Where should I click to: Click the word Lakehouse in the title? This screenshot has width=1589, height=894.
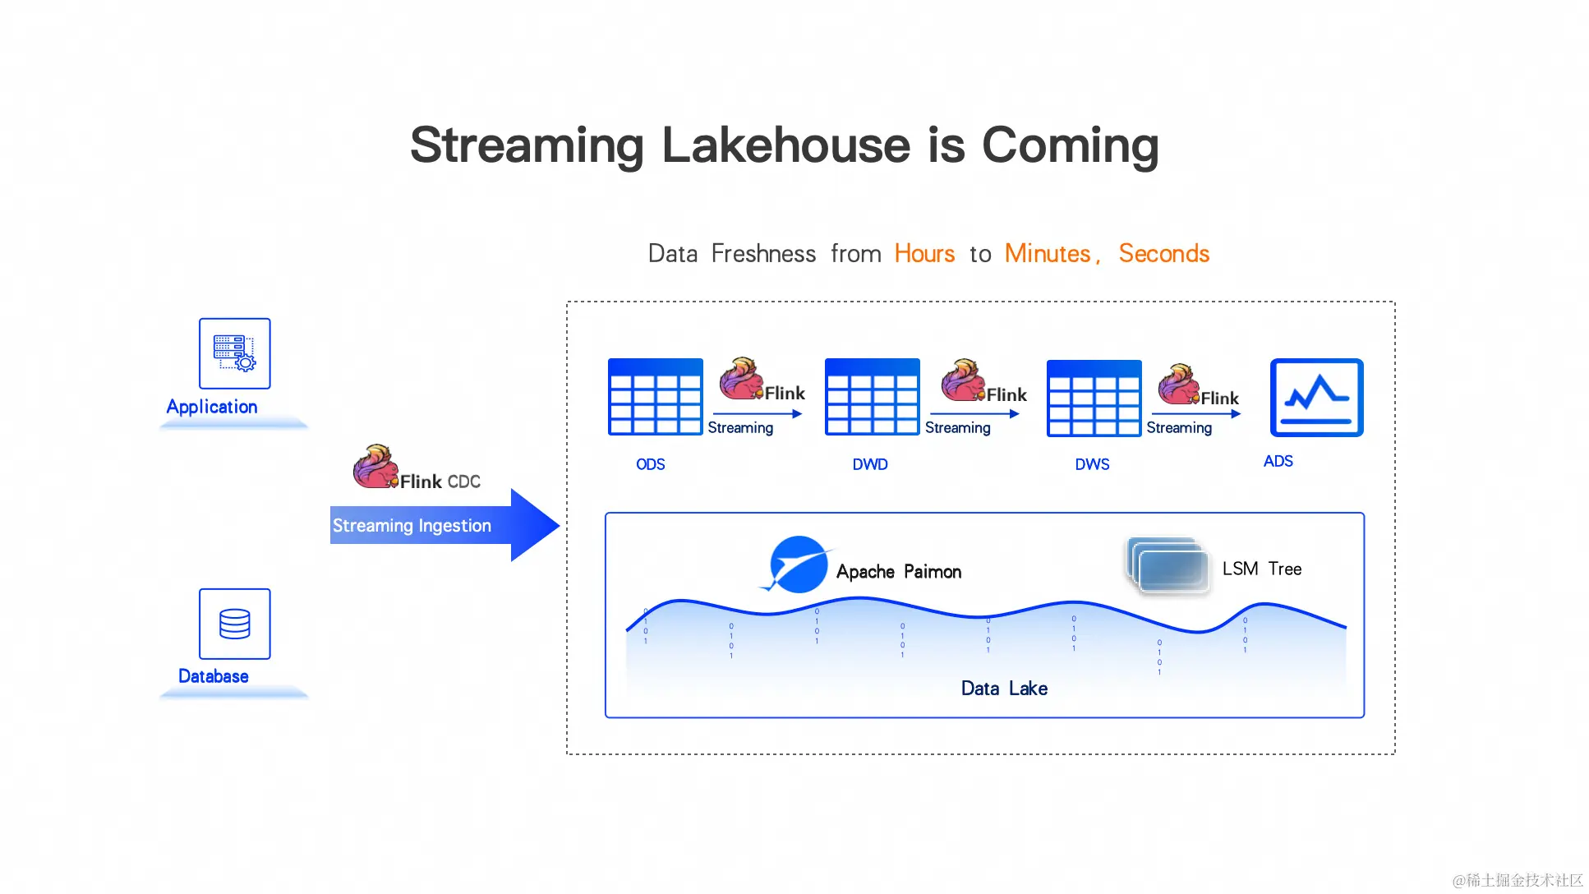coord(785,145)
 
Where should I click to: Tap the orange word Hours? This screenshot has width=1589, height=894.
coord(924,254)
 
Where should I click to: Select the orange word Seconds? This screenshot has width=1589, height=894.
coord(1163,254)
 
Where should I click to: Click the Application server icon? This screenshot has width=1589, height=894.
coord(234,353)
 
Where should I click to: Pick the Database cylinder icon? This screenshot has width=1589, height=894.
coord(234,624)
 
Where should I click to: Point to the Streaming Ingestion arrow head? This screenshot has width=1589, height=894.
coord(534,525)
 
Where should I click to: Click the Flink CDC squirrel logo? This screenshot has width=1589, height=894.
coord(375,467)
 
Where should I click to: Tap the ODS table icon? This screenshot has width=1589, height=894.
coord(655,397)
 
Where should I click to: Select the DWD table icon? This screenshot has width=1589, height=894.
coord(872,397)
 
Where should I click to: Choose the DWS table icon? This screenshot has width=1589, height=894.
coord(1094,398)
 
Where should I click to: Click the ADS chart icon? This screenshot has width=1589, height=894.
coord(1316,398)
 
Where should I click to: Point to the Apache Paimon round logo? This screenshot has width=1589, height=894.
coord(798,565)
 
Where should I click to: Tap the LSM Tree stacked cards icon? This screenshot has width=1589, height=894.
coord(1168,565)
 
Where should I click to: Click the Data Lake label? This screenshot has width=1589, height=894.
coord(1004,689)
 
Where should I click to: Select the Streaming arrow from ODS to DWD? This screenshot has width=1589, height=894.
coord(757,414)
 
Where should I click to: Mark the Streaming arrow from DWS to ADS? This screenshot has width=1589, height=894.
coord(1195,414)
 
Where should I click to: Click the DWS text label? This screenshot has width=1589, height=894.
coord(1092,464)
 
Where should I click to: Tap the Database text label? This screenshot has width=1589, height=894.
coord(214,676)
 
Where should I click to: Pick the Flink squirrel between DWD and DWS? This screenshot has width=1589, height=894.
coord(963,380)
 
